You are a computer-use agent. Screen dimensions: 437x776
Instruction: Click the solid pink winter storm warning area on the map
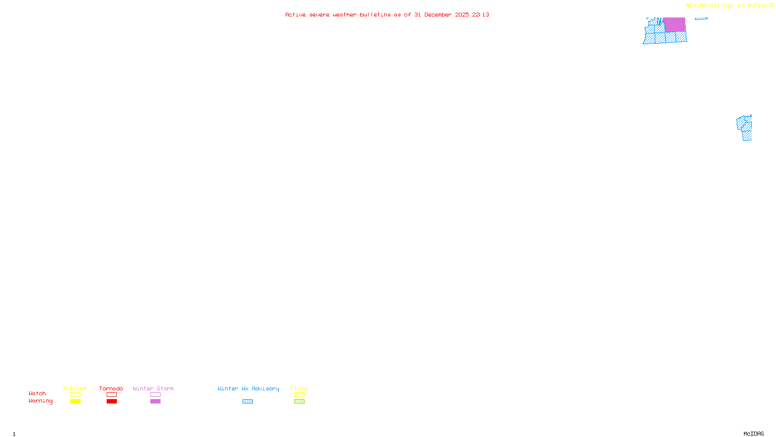(674, 24)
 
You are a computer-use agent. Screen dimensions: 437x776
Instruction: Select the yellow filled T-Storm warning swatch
(75, 402)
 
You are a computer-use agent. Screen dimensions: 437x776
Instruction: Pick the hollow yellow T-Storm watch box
(75, 395)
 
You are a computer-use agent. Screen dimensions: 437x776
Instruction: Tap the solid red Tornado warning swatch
(112, 402)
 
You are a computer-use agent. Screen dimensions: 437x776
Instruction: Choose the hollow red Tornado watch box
(112, 395)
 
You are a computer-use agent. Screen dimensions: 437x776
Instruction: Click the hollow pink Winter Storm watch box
(155, 395)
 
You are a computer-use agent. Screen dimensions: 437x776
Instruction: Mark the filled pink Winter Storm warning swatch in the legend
(155, 402)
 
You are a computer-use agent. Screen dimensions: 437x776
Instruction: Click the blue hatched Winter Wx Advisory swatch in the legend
(247, 402)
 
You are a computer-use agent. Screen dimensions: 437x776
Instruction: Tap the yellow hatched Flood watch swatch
(299, 395)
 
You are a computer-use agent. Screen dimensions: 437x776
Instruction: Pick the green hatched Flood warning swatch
(299, 402)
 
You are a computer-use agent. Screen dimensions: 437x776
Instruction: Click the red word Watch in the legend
(37, 394)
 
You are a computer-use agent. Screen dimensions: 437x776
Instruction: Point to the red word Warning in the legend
(40, 401)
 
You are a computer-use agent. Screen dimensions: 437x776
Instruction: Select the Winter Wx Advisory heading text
(248, 388)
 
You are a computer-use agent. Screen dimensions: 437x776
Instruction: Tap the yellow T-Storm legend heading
(75, 388)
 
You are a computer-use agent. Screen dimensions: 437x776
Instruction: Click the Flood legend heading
(299, 388)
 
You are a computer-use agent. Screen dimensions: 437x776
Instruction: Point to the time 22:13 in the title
(481, 15)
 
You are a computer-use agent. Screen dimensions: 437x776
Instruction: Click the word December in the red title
(438, 15)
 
